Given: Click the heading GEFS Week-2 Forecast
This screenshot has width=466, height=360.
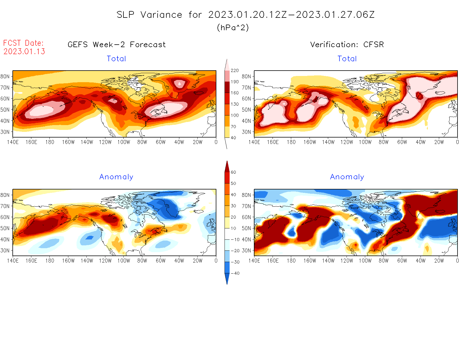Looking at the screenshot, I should coord(117,45).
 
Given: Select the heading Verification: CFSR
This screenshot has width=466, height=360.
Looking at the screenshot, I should coord(347,45).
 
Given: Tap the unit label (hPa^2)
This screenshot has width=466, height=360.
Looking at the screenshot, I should coord(233,27).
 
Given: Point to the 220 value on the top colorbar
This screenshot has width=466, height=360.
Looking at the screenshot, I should coord(235,71).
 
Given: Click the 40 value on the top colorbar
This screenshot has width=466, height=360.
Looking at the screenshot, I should coord(233,138).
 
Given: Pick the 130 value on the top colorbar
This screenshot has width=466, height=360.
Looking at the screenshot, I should coord(235,104).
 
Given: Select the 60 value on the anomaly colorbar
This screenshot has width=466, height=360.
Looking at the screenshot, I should coord(233,172).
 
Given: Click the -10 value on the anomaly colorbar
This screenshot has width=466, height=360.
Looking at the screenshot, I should coord(235,239).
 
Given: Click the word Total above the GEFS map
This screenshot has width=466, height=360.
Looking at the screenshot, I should coord(116,59).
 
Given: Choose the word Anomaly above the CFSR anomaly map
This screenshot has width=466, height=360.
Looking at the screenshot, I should coord(347,177).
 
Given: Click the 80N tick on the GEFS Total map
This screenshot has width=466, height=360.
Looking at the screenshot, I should coord(5,77).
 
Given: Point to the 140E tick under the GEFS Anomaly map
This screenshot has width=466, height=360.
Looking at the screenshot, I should coord(13,261).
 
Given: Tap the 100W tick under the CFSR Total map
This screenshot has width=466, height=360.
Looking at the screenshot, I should coord(365,142).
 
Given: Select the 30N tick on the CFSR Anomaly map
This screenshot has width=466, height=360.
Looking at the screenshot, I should coord(247,250).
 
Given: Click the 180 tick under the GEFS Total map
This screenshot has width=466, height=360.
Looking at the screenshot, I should coord(50,142).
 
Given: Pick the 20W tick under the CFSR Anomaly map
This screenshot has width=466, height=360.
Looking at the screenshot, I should coord(439,261).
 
